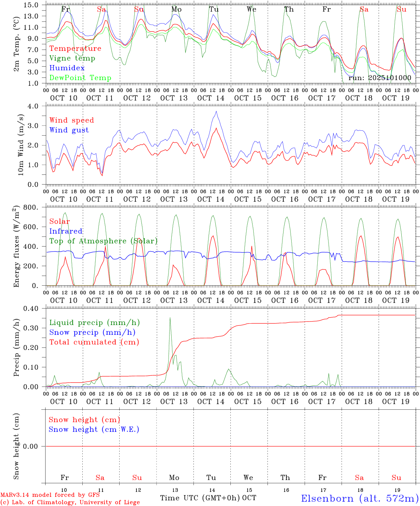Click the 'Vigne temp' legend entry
tap(72, 58)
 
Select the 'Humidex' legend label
tap(67, 68)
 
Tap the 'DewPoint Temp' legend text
tap(80, 78)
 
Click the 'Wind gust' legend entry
tap(69, 130)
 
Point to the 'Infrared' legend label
tap(66, 231)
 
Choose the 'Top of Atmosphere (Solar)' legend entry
tap(103, 241)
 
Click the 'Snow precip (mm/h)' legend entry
tap(92, 332)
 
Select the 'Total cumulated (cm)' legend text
tap(94, 342)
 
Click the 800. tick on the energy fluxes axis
tap(31, 207)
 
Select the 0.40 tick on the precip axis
tap(31, 309)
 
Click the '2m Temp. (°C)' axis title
tap(16, 44)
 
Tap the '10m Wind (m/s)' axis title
tap(21, 145)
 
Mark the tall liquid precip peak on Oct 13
tap(170, 318)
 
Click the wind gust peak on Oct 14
tap(216, 111)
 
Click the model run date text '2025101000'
tap(389, 78)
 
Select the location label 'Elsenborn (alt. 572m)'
tap(360, 498)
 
